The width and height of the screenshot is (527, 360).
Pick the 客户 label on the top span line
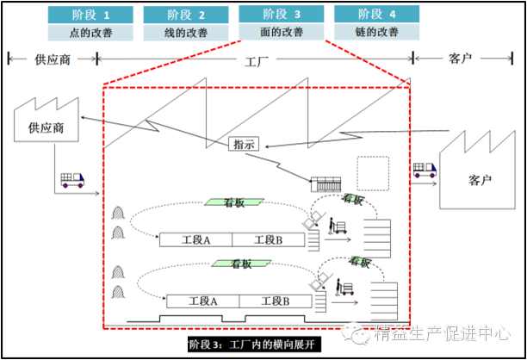click(x=460, y=59)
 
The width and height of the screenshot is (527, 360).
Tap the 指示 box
click(x=245, y=145)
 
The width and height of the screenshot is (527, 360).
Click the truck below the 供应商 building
click(x=71, y=180)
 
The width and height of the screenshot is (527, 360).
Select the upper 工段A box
click(x=195, y=239)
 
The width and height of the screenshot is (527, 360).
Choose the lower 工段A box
click(x=202, y=301)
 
